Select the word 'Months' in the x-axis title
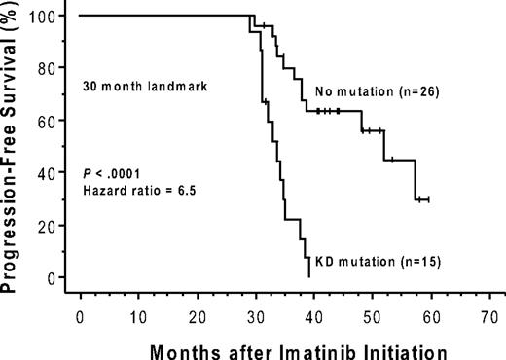177,346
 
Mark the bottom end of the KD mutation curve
308,277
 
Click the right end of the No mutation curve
428,199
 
